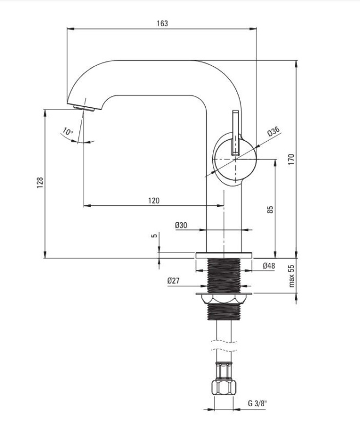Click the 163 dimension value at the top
click(x=162, y=24)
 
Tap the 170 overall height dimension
click(x=291, y=159)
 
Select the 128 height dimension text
click(x=40, y=182)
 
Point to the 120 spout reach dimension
click(x=154, y=200)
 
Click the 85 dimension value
click(x=270, y=210)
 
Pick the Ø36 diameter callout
click(x=274, y=131)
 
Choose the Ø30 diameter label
click(x=181, y=225)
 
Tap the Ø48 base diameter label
click(x=269, y=266)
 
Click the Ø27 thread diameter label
click(x=173, y=281)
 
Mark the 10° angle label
click(x=68, y=131)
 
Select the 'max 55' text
click(x=292, y=276)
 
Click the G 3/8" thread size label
click(x=257, y=403)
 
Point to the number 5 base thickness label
click(x=154, y=235)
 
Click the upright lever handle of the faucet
click(x=236, y=133)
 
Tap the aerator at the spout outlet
click(x=84, y=108)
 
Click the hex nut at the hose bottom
click(x=224, y=387)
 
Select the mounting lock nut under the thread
click(x=224, y=299)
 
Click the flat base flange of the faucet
click(x=224, y=255)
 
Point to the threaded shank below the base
click(x=224, y=276)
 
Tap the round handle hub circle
click(x=235, y=159)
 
